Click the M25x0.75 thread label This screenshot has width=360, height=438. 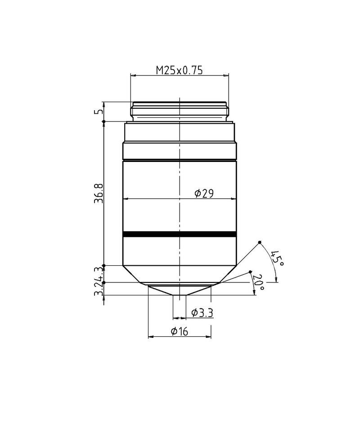pos(180,70)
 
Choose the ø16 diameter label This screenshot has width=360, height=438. pos(179,331)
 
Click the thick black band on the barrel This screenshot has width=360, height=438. pos(180,234)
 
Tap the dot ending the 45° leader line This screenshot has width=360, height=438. pos(260,243)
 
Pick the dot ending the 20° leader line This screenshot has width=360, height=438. pos(251,272)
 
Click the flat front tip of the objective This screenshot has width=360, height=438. pos(180,295)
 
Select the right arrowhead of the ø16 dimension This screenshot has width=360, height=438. pos(209,336)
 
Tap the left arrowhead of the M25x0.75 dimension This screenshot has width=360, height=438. pos(133,75)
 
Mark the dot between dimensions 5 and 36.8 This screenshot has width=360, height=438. pos(104,121)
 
